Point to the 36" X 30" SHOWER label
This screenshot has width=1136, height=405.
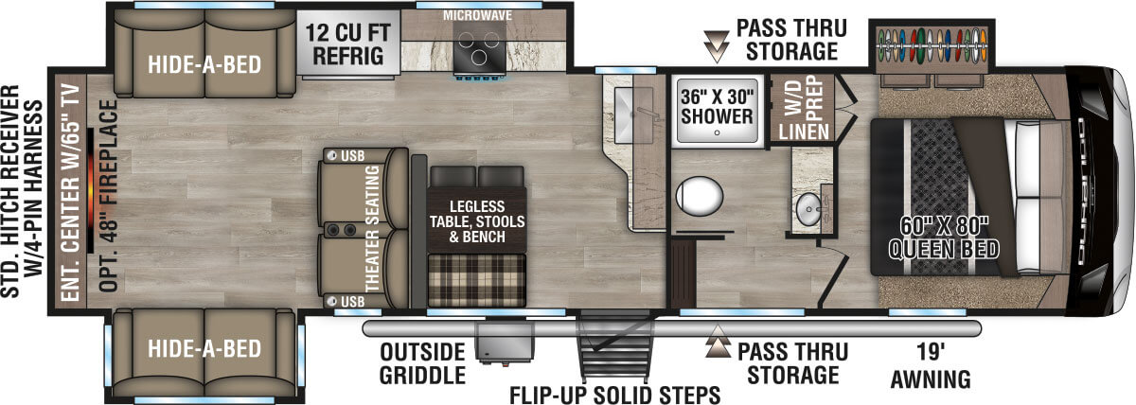[x=717, y=104]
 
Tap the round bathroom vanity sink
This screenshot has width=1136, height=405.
[x=808, y=211]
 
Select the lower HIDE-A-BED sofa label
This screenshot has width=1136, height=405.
[x=204, y=348]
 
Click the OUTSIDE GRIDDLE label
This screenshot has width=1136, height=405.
[x=423, y=362]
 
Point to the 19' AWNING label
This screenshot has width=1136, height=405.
[x=931, y=365]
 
